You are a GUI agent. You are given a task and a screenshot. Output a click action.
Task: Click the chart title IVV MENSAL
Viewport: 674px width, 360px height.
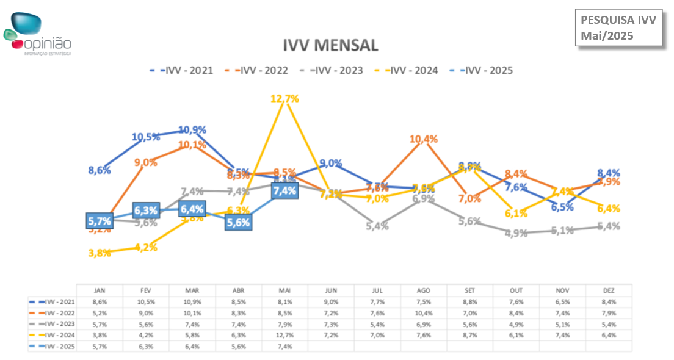click(330, 45)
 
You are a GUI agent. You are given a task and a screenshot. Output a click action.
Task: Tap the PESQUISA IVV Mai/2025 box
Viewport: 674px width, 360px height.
click(618, 28)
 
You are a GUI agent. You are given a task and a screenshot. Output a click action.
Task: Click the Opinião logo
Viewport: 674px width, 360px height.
click(38, 34)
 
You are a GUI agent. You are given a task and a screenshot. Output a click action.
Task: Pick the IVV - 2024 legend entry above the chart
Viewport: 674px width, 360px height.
click(407, 70)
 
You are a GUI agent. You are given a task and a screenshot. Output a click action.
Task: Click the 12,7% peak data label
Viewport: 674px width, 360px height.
click(284, 98)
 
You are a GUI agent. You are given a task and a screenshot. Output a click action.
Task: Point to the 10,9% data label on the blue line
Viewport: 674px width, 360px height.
click(192, 130)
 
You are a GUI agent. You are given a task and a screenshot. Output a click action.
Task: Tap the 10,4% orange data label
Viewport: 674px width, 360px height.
click(423, 139)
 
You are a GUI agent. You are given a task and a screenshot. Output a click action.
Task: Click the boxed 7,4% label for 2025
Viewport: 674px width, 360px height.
click(284, 190)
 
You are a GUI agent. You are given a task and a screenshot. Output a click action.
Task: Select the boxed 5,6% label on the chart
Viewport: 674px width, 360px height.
click(238, 223)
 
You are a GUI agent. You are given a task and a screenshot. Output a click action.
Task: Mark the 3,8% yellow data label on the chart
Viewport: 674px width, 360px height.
click(99, 253)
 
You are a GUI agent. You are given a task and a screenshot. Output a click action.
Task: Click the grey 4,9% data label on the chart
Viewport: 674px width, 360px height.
click(516, 233)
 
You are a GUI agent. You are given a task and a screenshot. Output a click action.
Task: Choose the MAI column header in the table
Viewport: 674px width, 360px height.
click(284, 290)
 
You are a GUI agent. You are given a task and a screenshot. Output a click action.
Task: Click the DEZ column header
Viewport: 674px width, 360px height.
click(609, 290)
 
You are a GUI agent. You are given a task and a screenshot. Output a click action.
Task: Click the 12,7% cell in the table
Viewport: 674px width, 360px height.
click(284, 335)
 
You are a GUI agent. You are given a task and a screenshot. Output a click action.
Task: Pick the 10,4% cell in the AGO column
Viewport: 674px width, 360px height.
click(423, 313)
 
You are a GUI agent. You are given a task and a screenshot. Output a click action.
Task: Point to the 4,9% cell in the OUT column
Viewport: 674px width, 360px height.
click(516, 324)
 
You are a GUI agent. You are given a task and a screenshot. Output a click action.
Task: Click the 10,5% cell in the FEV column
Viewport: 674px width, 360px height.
click(145, 301)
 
